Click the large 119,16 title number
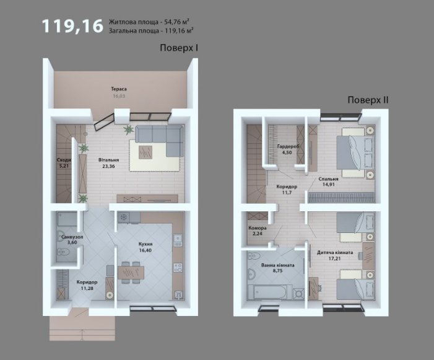click(72, 26)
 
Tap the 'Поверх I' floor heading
click(179, 48)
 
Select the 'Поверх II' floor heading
click(368, 100)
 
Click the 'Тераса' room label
click(119, 89)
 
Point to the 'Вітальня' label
click(109, 160)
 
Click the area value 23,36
click(108, 167)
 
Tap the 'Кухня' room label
click(145, 244)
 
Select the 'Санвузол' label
click(72, 237)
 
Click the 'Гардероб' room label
click(288, 146)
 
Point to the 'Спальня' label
click(328, 179)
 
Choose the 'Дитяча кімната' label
click(335, 253)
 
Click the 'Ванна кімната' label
click(277, 265)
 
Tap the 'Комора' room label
click(258, 228)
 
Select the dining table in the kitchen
click(131, 273)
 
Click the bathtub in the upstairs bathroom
click(270, 292)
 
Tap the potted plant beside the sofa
click(128, 129)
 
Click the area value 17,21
click(335, 258)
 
